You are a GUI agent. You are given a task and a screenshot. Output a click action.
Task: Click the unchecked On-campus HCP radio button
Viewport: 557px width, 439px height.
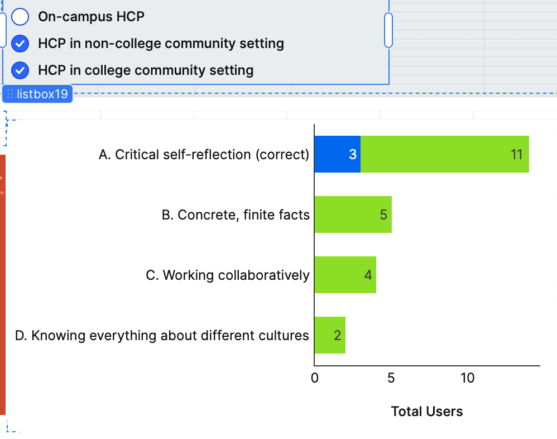tap(20, 17)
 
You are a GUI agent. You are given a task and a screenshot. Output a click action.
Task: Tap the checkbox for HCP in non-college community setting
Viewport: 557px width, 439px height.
tap(20, 44)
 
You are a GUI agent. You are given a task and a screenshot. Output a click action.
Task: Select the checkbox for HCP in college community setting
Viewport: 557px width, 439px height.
tap(20, 70)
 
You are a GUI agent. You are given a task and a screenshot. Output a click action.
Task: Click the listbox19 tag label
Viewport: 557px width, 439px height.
tap(37, 94)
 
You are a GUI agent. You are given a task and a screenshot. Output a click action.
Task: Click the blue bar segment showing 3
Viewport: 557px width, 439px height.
tap(337, 154)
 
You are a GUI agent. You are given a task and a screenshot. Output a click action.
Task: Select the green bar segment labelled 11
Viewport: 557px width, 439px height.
tap(444, 154)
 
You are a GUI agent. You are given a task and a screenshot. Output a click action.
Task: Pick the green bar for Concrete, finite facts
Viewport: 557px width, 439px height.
tap(353, 214)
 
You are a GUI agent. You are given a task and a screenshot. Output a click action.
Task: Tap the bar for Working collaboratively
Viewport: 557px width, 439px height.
tap(345, 275)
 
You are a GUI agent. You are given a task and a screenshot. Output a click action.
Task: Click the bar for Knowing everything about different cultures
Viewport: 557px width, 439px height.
tap(330, 335)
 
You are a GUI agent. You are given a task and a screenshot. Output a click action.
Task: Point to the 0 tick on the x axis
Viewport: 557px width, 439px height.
tap(315, 378)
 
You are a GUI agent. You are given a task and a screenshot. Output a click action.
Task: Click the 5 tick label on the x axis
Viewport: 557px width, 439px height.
tap(391, 378)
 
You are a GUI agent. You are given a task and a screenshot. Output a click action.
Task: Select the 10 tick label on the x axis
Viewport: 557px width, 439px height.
tap(467, 378)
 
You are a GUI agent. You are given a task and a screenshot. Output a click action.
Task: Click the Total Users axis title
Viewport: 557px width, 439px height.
tap(427, 412)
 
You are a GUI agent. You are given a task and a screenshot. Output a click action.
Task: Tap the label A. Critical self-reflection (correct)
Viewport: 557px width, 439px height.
tap(204, 155)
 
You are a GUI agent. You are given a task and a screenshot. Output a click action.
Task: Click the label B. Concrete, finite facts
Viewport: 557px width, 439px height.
tap(236, 215)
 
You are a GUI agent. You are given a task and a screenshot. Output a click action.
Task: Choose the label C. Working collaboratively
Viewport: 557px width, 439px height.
tap(228, 275)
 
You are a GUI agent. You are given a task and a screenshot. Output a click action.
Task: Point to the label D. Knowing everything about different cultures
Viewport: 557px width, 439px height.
tap(162, 336)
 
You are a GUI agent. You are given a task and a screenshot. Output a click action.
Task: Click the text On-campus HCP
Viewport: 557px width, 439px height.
tap(91, 17)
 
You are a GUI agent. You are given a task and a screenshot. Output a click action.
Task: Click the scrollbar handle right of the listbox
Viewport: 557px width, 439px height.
tap(388, 30)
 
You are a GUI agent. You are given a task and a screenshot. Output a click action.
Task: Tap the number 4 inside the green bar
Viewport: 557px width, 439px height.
tap(368, 275)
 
